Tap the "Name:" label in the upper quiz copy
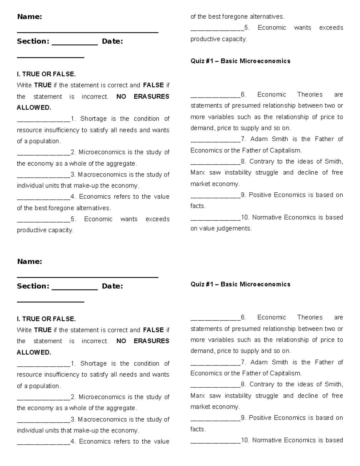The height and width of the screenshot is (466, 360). click(29, 17)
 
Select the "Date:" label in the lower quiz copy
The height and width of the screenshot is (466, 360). click(112, 286)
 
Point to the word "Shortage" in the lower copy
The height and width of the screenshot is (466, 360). click(93, 364)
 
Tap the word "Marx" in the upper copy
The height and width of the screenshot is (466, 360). click(197, 173)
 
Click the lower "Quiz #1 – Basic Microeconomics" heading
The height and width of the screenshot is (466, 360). click(240, 284)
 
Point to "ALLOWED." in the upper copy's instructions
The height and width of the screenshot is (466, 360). click(34, 108)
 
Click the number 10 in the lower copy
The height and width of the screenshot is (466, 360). click(245, 440)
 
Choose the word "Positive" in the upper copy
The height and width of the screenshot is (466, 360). click(260, 195)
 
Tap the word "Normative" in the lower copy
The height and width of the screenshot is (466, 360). click(267, 440)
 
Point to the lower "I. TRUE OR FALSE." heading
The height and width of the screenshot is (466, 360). click(46, 319)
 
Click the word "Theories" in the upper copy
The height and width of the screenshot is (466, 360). click(310, 95)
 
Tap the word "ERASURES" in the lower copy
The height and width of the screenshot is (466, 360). click(151, 341)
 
